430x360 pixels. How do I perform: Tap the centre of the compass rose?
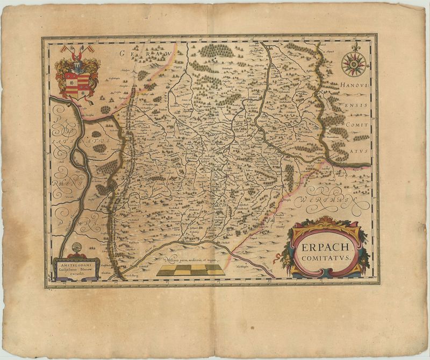pyautogui.click(x=354, y=63)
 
